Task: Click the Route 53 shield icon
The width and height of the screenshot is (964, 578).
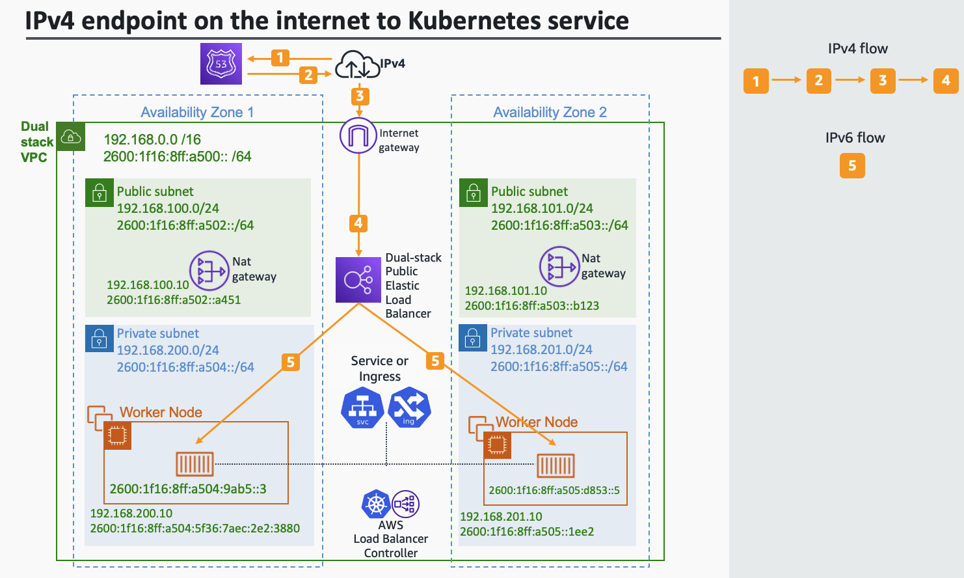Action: pyautogui.click(x=221, y=64)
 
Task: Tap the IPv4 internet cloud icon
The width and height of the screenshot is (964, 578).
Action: pyautogui.click(x=356, y=64)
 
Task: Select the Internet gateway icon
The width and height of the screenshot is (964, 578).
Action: pyautogui.click(x=358, y=135)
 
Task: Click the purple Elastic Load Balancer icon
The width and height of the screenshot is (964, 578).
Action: pyautogui.click(x=358, y=280)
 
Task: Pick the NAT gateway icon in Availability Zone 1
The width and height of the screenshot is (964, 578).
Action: pyautogui.click(x=209, y=271)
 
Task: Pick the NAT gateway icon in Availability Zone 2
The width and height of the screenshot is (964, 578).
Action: pyautogui.click(x=559, y=266)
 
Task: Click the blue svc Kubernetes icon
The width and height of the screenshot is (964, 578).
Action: pyautogui.click(x=362, y=408)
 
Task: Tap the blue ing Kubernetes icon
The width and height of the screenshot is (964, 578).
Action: pyautogui.click(x=409, y=408)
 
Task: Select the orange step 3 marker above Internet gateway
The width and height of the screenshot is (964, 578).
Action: pyautogui.click(x=360, y=96)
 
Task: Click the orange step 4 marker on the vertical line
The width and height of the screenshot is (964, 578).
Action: pyautogui.click(x=358, y=223)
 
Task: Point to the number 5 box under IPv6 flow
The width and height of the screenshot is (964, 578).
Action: pyautogui.click(x=852, y=165)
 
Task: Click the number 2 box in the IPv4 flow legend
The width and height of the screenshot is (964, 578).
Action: pyautogui.click(x=818, y=81)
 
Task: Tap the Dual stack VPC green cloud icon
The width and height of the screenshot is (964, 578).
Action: pyautogui.click(x=70, y=137)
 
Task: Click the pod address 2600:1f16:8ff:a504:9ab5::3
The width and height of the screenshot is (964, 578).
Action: pyautogui.click(x=188, y=489)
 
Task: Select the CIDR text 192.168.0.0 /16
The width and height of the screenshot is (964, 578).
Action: pyautogui.click(x=152, y=139)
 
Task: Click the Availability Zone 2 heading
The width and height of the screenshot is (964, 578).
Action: pyautogui.click(x=550, y=112)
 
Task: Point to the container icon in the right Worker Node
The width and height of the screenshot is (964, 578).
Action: pyautogui.click(x=556, y=465)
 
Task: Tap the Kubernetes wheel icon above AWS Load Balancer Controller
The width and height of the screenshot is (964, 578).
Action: pyautogui.click(x=376, y=504)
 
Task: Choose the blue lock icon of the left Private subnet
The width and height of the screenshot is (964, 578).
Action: pyautogui.click(x=99, y=338)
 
